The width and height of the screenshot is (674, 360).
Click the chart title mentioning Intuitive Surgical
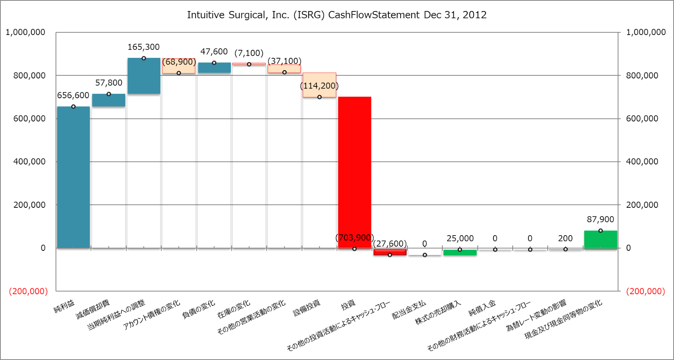(x=337, y=15)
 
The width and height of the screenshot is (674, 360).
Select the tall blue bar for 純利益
(x=73, y=177)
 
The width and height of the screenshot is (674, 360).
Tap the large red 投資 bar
(x=354, y=173)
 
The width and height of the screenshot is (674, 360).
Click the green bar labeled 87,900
(x=600, y=239)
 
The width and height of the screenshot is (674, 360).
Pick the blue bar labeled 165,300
(x=144, y=76)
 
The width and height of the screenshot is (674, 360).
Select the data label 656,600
(x=73, y=95)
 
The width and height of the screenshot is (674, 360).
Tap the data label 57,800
(x=109, y=83)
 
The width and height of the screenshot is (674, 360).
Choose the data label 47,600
(x=214, y=51)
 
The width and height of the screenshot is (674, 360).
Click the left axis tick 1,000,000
(x=25, y=32)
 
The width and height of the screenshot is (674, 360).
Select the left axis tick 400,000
(x=29, y=161)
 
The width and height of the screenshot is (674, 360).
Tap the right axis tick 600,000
(x=642, y=118)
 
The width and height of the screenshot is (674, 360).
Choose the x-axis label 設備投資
(x=307, y=308)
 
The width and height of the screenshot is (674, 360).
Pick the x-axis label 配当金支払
(x=409, y=310)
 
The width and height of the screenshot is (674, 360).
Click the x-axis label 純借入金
(x=482, y=308)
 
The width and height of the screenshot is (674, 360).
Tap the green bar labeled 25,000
(x=460, y=253)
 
